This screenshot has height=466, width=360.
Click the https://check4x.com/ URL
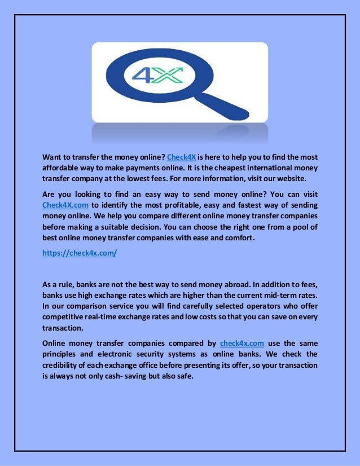click(80, 253)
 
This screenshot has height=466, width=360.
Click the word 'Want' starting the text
click(52, 157)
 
